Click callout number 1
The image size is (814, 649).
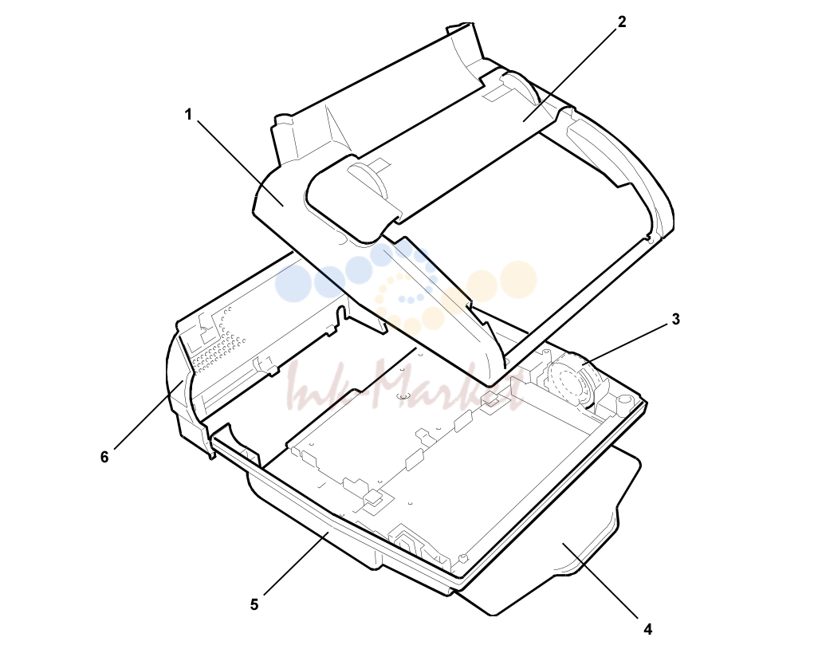click(188, 114)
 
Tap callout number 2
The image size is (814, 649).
click(622, 22)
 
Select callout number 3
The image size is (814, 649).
click(675, 319)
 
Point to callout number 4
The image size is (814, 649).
click(648, 629)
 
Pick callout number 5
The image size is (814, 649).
click(254, 605)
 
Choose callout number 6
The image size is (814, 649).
click(104, 457)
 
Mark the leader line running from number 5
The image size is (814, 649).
click(297, 564)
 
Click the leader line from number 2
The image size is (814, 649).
click(569, 75)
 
